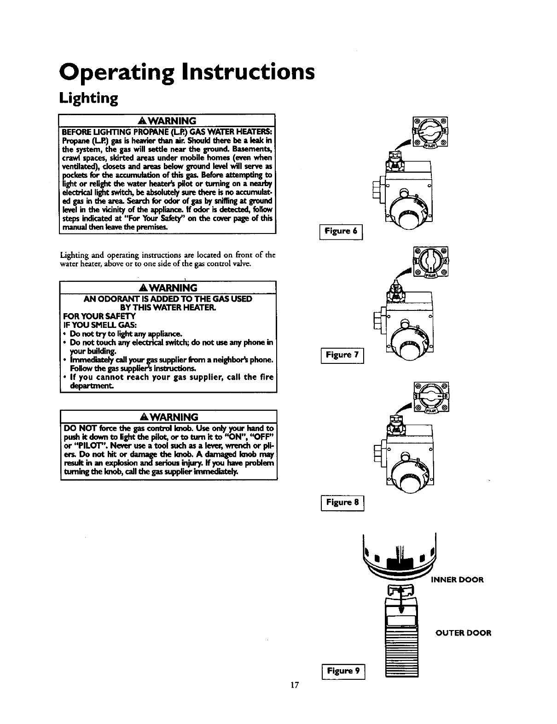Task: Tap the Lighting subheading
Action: pyautogui.click(x=89, y=98)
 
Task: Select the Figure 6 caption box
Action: pyautogui.click(x=341, y=231)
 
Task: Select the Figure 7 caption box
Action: pyautogui.click(x=342, y=355)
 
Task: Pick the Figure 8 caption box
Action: pyautogui.click(x=342, y=502)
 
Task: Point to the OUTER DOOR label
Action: pyautogui.click(x=464, y=633)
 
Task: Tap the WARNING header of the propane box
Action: pyautogui.click(x=167, y=121)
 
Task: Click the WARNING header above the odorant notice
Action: pyautogui.click(x=168, y=288)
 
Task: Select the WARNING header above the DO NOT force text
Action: pyautogui.click(x=168, y=417)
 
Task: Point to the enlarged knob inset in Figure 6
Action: pyautogui.click(x=431, y=132)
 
